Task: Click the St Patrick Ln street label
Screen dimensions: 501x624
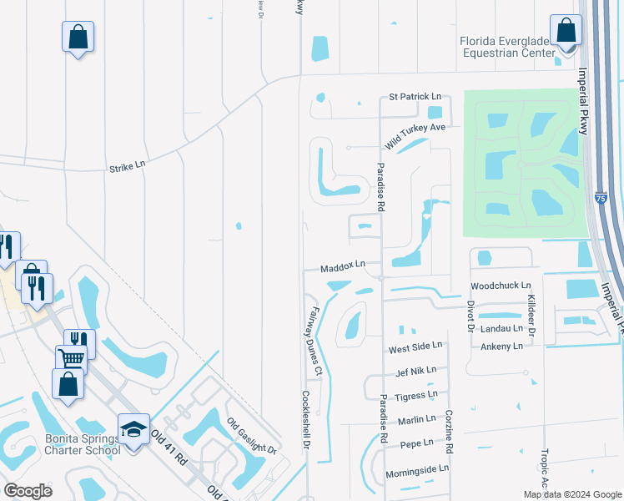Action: pyautogui.click(x=413, y=98)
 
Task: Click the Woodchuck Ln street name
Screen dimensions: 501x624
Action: pyautogui.click(x=501, y=286)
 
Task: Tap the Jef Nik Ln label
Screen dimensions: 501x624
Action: pyautogui.click(x=412, y=370)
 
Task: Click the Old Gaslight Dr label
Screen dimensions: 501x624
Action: pyautogui.click(x=252, y=437)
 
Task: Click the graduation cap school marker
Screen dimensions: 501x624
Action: pyautogui.click(x=133, y=429)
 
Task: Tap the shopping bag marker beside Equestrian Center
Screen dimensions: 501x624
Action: pyautogui.click(x=566, y=31)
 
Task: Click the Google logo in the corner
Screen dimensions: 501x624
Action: pyautogui.click(x=28, y=491)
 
